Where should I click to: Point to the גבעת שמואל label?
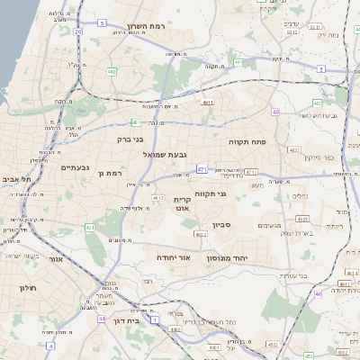(165, 155)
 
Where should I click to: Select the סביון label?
(222, 225)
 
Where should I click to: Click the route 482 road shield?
(111, 71)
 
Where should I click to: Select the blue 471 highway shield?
(202, 167)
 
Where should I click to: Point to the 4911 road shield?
(208, 103)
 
